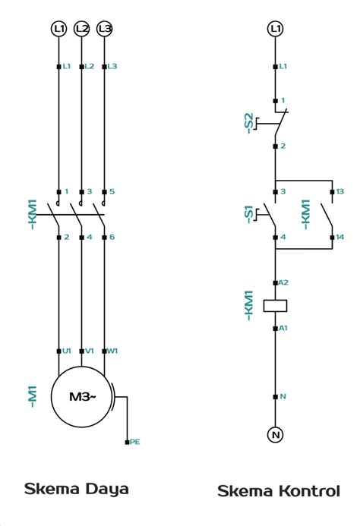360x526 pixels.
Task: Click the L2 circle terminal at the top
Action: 82,29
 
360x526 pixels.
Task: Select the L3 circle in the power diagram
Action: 105,29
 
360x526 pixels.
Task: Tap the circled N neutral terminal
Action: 275,434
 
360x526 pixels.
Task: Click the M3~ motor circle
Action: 81,397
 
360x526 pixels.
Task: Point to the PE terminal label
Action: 134,441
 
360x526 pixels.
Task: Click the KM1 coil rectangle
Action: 275,306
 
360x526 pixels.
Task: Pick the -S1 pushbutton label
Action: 248,213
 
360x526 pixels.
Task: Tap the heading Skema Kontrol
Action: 279,491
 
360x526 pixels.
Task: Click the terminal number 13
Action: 340,191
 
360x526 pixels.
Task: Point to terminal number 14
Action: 340,238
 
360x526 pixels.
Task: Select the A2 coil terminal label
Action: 283,282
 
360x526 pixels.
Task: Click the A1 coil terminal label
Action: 283,328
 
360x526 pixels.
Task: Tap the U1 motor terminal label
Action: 67,351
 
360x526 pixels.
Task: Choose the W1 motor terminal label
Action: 112,351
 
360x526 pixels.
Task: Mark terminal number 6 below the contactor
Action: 112,238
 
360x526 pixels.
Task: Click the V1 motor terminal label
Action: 89,351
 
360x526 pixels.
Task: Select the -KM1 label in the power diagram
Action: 32,214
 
